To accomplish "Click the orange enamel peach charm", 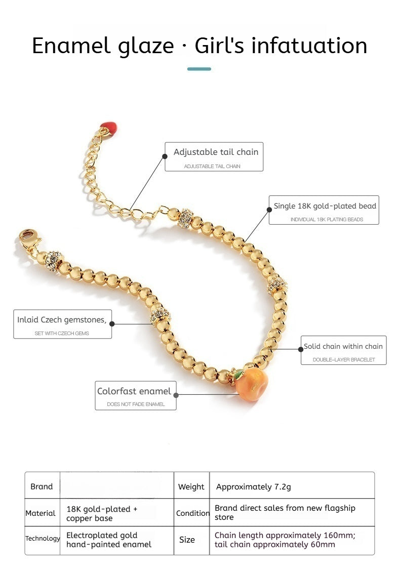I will [x=251, y=385].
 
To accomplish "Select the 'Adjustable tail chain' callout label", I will [x=214, y=156].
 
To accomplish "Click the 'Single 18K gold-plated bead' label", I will [x=324, y=210].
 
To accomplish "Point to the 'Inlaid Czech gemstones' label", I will [x=62, y=324].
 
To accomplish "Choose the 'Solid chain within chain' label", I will [x=343, y=350].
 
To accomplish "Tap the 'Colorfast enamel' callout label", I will [x=136, y=395].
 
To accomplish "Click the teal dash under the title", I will [x=199, y=69].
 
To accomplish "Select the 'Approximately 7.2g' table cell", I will [x=254, y=487].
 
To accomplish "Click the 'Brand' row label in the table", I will [x=42, y=486].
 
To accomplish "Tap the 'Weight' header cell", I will [x=191, y=487].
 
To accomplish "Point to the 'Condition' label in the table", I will [x=192, y=513].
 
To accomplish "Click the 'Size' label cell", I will [x=187, y=540].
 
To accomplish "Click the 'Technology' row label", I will [x=43, y=538].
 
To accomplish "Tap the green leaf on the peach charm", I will [x=238, y=375].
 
